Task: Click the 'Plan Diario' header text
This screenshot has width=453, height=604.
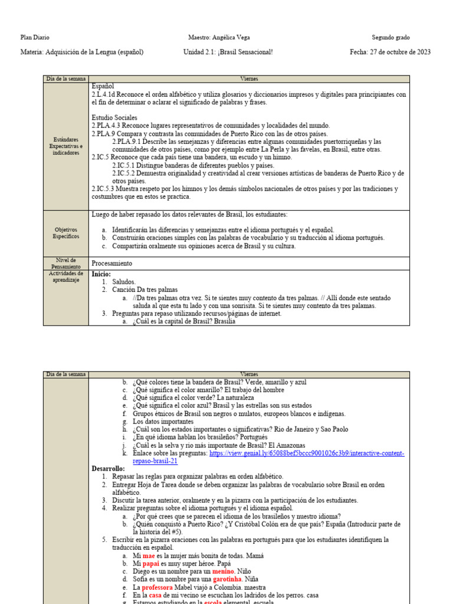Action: point(35,37)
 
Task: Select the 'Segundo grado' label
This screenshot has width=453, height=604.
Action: point(395,37)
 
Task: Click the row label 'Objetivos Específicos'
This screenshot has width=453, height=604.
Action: point(65,232)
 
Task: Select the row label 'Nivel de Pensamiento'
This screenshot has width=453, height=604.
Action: point(65,263)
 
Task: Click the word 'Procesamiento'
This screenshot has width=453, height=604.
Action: point(112,263)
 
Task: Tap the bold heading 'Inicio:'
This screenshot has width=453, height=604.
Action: point(101,274)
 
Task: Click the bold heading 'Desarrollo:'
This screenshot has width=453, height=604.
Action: point(109,468)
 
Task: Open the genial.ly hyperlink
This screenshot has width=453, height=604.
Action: point(268,453)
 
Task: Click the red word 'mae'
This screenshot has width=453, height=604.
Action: point(149,556)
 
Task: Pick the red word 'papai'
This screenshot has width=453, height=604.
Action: point(152,564)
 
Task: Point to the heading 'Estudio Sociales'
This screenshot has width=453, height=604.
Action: point(114,117)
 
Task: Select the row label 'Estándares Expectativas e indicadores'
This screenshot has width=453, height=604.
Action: point(65,146)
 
